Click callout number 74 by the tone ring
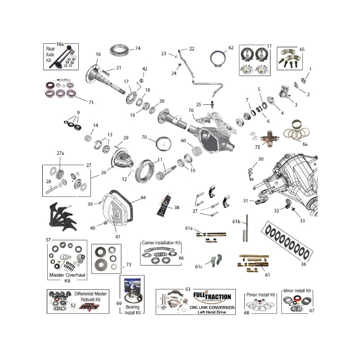138,48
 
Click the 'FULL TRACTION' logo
211,297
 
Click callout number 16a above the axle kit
60,44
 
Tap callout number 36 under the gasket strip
303,264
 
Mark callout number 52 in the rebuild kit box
73,305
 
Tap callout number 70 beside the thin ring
144,137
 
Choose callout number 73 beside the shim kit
128,265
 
